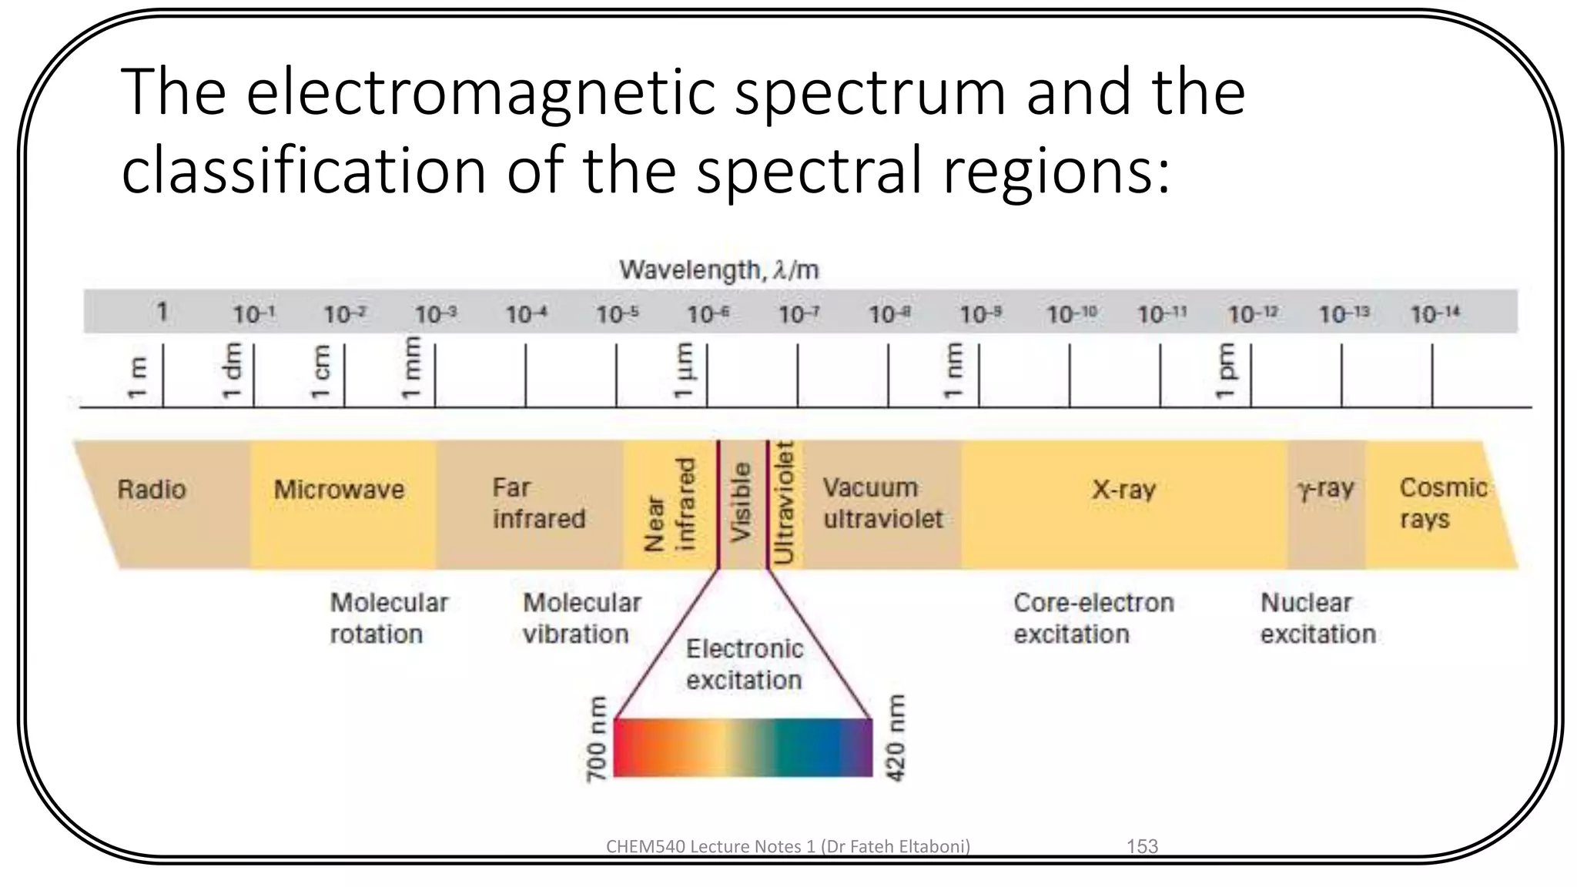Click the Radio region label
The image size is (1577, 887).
coord(152,490)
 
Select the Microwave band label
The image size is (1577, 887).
coord(339,490)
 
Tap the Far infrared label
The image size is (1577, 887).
coord(538,504)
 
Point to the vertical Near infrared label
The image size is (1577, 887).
coord(670,504)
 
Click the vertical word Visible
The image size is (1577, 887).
coord(740,502)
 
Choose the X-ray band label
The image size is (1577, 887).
coord(1123,490)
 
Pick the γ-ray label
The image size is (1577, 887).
coord(1325,489)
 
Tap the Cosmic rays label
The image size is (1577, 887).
coord(1442,504)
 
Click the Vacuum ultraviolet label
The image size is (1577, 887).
coord(882,504)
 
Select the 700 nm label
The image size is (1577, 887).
coord(597,740)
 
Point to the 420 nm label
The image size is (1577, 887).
coord(896,738)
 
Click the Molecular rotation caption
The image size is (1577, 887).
coord(388,618)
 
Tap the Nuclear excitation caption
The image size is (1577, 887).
coord(1318,618)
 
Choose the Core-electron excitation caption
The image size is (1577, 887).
coord(1093,618)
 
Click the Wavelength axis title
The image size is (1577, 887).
coord(718,270)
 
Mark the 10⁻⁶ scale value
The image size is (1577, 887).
coord(708,314)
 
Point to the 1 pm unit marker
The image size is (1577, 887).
coord(1224,372)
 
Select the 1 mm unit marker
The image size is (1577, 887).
coord(412,368)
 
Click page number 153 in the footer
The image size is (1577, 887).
coord(1142,846)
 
